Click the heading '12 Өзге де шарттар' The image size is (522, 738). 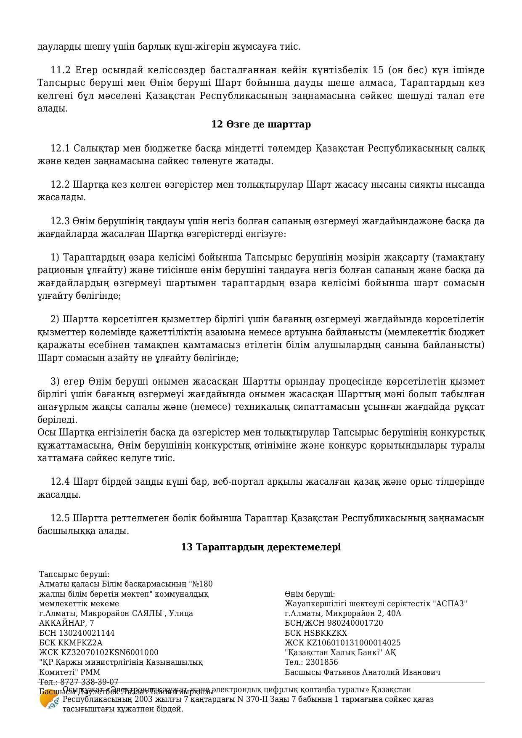click(x=261, y=124)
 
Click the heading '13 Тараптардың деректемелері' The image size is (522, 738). click(x=261, y=547)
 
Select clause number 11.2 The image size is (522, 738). click(x=60, y=70)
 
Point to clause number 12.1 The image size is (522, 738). click(x=60, y=149)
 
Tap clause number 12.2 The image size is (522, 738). click(x=60, y=185)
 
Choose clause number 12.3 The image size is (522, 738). click(x=60, y=221)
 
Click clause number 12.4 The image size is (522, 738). click(x=60, y=482)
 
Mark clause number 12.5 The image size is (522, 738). click(x=60, y=518)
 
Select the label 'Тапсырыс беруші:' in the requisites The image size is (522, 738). click(x=74, y=574)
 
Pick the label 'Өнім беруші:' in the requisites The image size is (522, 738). click(x=310, y=594)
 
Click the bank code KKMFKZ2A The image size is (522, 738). click(x=78, y=643)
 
